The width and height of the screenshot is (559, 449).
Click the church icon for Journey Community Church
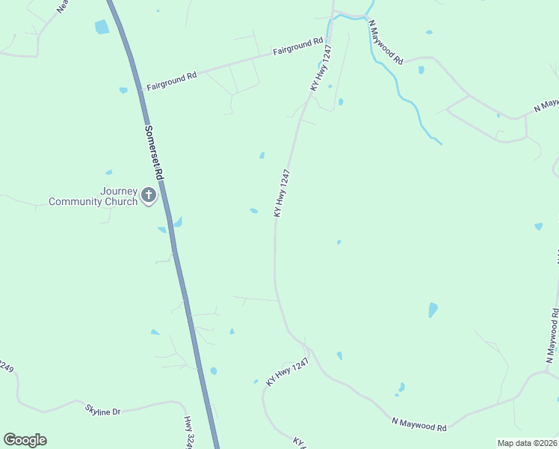(x=149, y=196)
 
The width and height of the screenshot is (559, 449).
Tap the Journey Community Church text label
(x=93, y=196)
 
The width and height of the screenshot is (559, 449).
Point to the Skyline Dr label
(x=102, y=410)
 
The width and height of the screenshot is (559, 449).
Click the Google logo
(x=25, y=440)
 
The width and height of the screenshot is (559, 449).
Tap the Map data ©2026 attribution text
(x=527, y=443)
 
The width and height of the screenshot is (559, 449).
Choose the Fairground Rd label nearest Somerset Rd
(x=171, y=81)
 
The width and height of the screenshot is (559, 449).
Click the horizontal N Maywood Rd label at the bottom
(x=419, y=424)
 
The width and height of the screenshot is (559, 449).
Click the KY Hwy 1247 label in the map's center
(x=282, y=193)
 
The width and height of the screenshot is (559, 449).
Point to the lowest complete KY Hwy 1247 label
(x=288, y=371)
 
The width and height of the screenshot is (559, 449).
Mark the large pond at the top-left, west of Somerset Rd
(x=102, y=27)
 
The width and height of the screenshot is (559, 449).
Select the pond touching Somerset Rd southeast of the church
(x=177, y=222)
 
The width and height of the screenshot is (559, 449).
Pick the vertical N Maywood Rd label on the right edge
(x=552, y=329)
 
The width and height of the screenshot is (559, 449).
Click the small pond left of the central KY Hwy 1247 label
(x=254, y=211)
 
